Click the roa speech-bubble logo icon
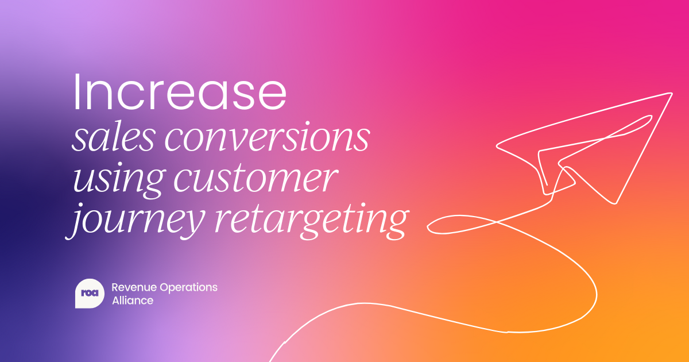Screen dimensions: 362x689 click(x=90, y=294)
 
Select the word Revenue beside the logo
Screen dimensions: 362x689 click(x=130, y=287)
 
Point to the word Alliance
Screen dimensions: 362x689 click(x=132, y=301)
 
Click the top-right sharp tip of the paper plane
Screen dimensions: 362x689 click(x=671, y=93)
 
